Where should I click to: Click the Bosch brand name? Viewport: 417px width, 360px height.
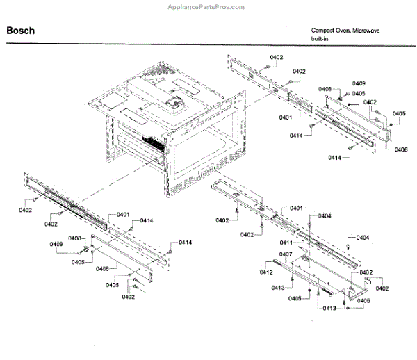tap(21, 31)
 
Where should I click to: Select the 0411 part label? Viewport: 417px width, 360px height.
tap(286, 243)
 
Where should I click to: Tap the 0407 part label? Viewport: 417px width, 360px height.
tap(286, 254)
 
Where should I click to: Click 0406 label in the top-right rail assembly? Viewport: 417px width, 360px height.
tap(401, 149)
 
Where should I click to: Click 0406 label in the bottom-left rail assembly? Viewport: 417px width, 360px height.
tap(102, 268)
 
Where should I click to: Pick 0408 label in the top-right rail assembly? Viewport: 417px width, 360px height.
tap(326, 89)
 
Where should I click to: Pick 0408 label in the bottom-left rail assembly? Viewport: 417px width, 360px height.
tap(75, 238)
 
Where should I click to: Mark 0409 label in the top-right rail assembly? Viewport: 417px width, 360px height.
tap(359, 83)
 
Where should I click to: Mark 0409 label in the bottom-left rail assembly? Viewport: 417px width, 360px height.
tap(56, 243)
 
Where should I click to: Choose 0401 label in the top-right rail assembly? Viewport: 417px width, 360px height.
tap(286, 117)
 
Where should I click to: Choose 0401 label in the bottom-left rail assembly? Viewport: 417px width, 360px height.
tap(123, 214)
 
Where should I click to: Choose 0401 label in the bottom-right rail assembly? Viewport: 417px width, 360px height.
tap(296, 208)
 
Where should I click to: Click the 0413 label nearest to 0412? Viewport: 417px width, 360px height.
tap(278, 287)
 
